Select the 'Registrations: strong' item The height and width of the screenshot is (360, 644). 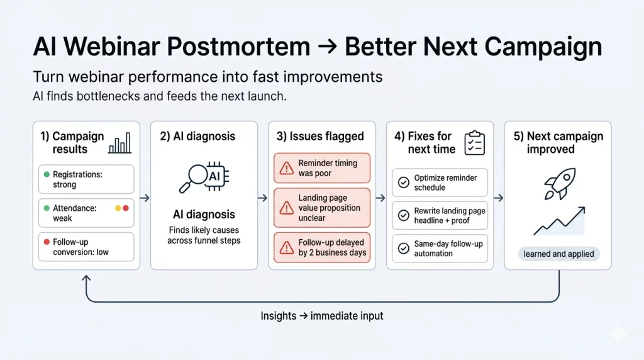(x=86, y=179)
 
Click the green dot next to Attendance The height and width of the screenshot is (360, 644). (x=47, y=208)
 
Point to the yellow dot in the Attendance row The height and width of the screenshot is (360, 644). (x=117, y=208)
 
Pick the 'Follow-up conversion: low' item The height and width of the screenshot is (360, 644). (x=86, y=247)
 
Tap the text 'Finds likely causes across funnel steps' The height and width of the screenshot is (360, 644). (x=204, y=235)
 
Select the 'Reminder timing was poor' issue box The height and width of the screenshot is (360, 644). (x=322, y=168)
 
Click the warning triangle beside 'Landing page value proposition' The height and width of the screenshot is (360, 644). (x=287, y=208)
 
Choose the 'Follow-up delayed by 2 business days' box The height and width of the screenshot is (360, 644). (x=322, y=247)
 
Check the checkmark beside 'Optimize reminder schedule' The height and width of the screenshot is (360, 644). (x=403, y=183)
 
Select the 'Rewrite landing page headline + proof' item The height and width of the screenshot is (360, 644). (x=440, y=216)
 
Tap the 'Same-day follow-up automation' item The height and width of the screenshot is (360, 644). (x=440, y=249)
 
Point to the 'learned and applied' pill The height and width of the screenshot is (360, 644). (x=558, y=254)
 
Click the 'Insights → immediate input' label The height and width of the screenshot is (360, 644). (x=321, y=316)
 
